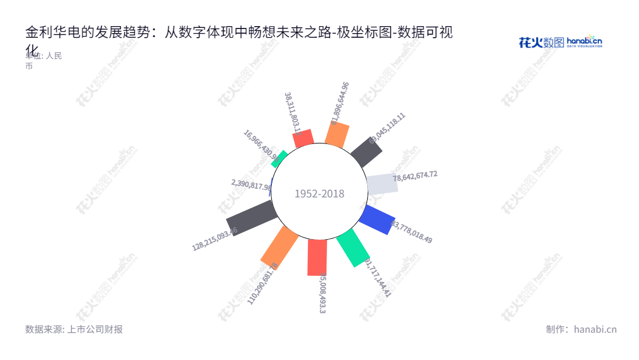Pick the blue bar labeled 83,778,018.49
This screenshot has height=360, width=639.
(x=377, y=219)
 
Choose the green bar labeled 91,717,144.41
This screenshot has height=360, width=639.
(x=353, y=247)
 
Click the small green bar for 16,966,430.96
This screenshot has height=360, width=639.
(x=279, y=159)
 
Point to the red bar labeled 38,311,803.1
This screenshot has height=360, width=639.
(x=303, y=138)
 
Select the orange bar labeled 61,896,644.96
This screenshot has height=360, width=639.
(x=337, y=135)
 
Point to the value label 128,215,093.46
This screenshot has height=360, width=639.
(x=214, y=239)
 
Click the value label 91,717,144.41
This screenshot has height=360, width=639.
(x=378, y=277)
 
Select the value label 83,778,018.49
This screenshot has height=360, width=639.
(x=412, y=231)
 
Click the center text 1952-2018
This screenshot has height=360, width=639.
(x=319, y=194)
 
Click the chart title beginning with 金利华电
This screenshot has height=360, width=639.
(x=238, y=33)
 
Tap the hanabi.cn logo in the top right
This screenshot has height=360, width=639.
(x=560, y=41)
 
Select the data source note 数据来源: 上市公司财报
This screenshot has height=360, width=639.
(x=74, y=329)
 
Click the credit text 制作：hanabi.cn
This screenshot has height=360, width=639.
(x=581, y=329)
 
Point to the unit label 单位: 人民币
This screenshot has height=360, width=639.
(x=44, y=60)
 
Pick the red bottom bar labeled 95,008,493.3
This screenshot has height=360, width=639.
(x=317, y=257)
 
